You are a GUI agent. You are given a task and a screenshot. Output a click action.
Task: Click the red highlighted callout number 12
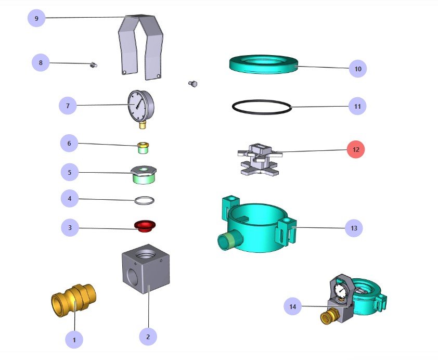tap(356, 150)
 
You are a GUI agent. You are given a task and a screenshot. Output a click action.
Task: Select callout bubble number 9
tap(36, 18)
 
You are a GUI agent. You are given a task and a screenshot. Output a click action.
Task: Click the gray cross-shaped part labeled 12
tap(259, 159)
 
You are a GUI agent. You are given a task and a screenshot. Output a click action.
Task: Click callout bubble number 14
tap(293, 307)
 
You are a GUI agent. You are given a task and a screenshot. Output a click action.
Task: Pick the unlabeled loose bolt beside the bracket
tap(192, 83)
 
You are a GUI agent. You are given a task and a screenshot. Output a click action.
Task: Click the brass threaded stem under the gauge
tap(143, 125)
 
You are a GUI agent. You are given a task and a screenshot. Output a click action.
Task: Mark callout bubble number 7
tap(68, 107)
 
